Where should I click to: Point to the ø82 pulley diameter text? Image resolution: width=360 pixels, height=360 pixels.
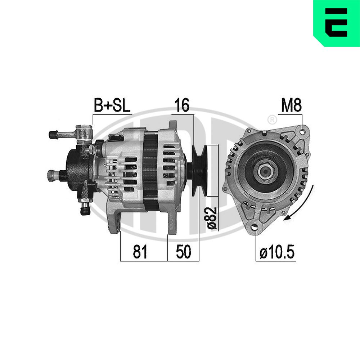212,218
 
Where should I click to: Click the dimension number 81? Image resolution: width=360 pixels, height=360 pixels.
140,252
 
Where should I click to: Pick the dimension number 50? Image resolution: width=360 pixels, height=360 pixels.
183,252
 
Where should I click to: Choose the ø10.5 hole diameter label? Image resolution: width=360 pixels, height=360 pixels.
276,253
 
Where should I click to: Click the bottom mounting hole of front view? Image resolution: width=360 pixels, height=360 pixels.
256,227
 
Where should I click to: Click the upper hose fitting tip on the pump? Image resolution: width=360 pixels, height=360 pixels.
52,135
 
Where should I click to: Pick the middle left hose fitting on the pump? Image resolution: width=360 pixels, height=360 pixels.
51,175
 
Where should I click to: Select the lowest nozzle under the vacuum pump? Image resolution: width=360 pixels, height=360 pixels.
85,210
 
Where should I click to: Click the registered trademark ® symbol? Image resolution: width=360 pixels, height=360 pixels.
273,119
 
